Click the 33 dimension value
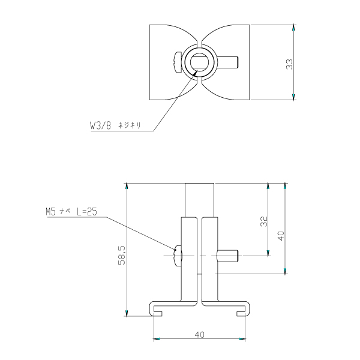pos(290,64)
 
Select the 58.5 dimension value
pos(122,255)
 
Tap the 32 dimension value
pos(264,221)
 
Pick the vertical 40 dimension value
pos(281,236)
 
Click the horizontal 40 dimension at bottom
pos(199,335)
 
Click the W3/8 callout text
pos(100,125)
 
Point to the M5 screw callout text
pos(71,212)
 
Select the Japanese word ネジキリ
pos(129,125)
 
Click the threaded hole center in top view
pos(199,62)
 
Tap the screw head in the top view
pos(178,62)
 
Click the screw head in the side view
pos(178,256)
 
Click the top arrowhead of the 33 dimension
pos(293,28)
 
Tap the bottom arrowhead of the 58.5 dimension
pos(127,313)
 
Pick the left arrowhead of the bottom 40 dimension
pos(157,339)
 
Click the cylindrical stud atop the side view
pos(200,200)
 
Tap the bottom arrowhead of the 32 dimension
pos(268,253)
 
